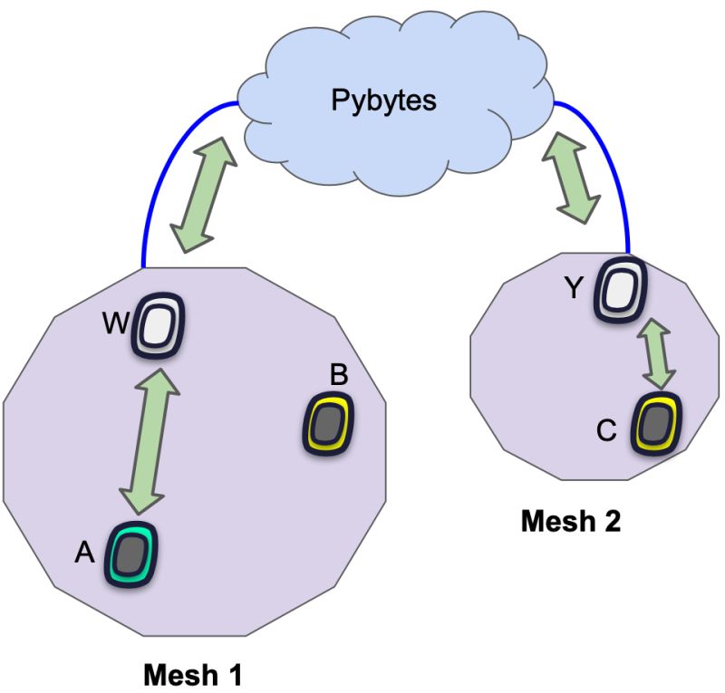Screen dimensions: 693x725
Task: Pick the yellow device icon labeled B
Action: click(328, 422)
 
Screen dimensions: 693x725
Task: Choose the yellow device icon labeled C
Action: click(655, 423)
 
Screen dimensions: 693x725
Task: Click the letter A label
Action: click(84, 553)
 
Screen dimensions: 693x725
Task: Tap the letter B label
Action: click(339, 374)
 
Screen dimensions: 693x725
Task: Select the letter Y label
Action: click(574, 288)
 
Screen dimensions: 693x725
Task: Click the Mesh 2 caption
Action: click(571, 523)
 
